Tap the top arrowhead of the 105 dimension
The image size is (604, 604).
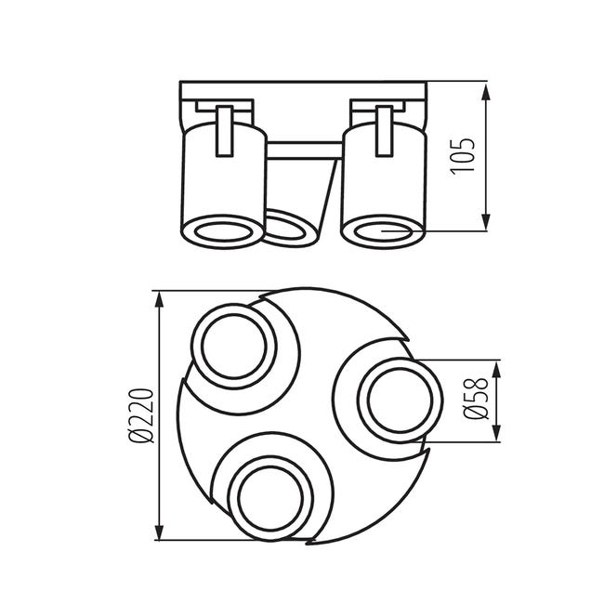coord(487,90)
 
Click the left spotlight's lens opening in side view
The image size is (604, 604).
coord(221,232)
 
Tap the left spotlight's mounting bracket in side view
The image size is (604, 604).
coord(224,130)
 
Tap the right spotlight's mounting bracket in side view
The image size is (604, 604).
coord(383,130)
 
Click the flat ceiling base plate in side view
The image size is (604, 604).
coord(303,91)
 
